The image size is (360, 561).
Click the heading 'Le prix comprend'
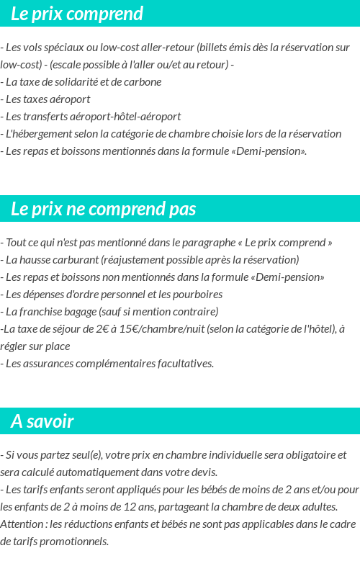[77, 14]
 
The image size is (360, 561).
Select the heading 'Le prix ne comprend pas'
[104, 209]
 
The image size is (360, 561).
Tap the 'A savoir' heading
[42, 421]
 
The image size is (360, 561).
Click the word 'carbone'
[143, 81]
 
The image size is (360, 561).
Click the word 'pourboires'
[197, 294]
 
